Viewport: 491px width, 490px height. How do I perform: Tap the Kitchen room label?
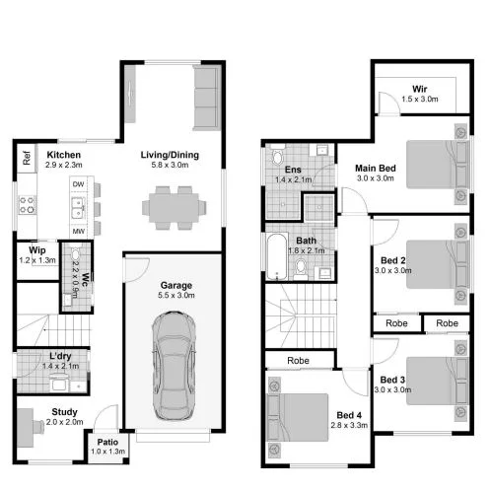coord(63,154)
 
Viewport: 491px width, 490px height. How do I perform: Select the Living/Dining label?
coord(169,154)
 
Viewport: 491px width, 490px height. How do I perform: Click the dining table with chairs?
coord(175,207)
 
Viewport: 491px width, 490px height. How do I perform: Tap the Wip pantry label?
coord(36,251)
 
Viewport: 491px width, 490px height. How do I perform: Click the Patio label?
coord(107,443)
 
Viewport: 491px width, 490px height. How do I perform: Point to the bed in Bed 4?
coord(302,414)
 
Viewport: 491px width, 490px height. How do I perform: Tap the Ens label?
coord(293,170)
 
